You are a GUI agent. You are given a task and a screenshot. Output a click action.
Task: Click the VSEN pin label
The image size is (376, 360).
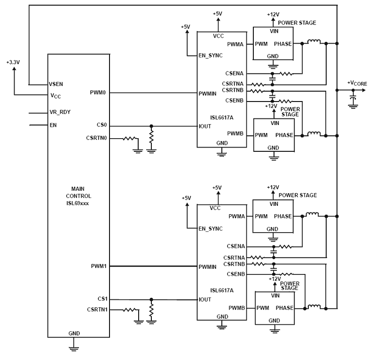[56, 84]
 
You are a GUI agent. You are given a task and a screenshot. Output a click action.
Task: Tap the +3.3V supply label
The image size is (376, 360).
[13, 62]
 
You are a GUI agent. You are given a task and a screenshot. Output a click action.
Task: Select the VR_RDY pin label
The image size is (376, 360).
[60, 113]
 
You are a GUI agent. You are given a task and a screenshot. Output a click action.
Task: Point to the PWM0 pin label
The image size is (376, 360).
[96, 93]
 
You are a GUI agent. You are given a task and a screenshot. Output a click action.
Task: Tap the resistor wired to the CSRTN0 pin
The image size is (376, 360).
[129, 139]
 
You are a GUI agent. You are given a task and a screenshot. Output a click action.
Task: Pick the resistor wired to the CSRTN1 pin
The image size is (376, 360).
[129, 310]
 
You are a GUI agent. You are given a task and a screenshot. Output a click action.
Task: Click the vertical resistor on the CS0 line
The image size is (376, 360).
[151, 137]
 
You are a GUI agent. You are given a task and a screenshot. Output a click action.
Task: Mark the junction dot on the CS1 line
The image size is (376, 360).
[151, 299]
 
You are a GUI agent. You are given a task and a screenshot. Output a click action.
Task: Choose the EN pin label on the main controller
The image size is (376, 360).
[53, 125]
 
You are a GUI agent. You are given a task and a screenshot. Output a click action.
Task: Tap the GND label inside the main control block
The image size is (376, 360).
[74, 333]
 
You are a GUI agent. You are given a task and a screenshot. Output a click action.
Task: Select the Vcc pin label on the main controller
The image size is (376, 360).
[55, 95]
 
